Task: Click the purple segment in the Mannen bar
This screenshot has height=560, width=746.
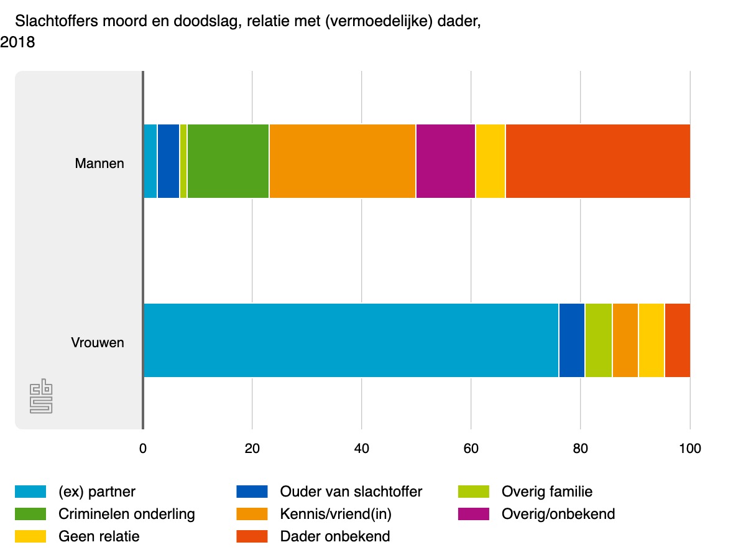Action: pos(445,161)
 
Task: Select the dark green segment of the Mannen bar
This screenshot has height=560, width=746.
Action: pos(228,161)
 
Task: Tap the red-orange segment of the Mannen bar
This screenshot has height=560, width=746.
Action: pos(597,161)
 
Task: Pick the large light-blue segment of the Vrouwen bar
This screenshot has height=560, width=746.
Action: pos(351,340)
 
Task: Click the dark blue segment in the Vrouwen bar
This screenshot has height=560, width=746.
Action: pos(571,340)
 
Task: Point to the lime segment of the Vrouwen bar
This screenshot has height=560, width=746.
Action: pos(598,340)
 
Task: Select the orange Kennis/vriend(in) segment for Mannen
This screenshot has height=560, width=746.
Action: pos(342,161)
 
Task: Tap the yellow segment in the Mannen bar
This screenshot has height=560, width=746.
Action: pos(490,161)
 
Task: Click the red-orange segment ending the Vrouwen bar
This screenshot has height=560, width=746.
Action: pos(677,340)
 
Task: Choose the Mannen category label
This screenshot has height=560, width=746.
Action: pos(99,164)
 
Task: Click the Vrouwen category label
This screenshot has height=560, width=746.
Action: pos(98,343)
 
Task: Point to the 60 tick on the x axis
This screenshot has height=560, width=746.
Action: pos(471,449)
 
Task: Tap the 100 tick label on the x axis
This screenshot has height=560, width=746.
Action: pos(689,449)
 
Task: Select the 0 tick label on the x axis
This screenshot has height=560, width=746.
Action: pos(143,449)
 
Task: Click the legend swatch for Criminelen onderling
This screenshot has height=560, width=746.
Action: pos(30,514)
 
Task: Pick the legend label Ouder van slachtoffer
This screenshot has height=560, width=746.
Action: pos(351,492)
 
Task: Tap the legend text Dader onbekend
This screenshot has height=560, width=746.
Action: pos(335,536)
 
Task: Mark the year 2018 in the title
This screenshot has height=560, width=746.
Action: pos(17,43)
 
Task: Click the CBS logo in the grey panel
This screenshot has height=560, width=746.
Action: pos(41,398)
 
